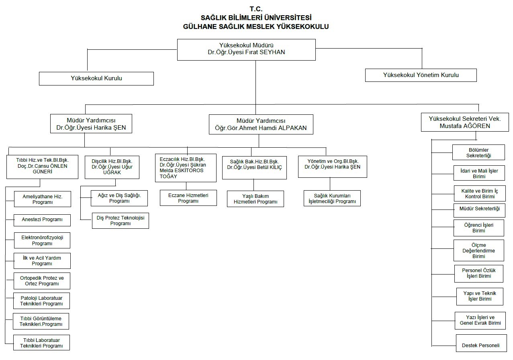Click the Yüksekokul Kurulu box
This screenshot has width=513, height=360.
pos(96,79)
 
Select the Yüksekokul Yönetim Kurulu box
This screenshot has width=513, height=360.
pos(421,75)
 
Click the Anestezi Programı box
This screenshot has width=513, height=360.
pos(42,220)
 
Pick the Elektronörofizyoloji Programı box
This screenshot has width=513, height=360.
pos(42,240)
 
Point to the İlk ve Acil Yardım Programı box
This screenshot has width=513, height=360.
pos(42,261)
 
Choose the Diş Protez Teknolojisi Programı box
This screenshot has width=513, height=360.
pos(121,221)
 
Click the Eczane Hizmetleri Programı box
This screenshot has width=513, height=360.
pos(188,198)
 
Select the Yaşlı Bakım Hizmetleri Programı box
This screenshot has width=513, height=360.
pos(255,199)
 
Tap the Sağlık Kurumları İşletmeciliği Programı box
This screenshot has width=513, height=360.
pos(332,198)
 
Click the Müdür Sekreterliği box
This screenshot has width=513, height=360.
pos(479,209)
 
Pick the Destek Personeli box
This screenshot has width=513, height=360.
pos(480,345)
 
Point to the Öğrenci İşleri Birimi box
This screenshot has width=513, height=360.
pos(479,228)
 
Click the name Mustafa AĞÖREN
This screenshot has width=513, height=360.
pos(465,126)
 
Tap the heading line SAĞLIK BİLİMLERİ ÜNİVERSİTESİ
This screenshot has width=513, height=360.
pos(256,18)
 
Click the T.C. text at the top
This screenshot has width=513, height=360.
pos(256,9)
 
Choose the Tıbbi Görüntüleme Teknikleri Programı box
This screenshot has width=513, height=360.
pos(41,321)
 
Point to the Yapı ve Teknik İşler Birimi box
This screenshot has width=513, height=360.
pos(480,296)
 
